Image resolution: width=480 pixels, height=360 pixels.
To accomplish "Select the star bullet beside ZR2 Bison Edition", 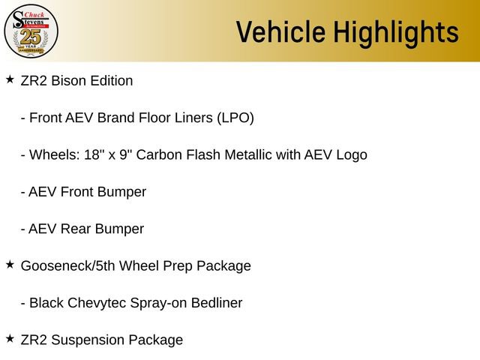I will tap(10, 79).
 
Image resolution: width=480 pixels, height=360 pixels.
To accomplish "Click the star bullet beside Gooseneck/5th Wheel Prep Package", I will tap(10, 264).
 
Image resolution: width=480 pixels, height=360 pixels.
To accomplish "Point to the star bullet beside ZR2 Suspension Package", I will tap(10, 338).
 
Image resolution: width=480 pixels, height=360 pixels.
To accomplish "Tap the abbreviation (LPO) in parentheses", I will tap(235, 118).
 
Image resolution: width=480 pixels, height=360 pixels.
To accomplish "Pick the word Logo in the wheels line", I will tap(351, 154).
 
